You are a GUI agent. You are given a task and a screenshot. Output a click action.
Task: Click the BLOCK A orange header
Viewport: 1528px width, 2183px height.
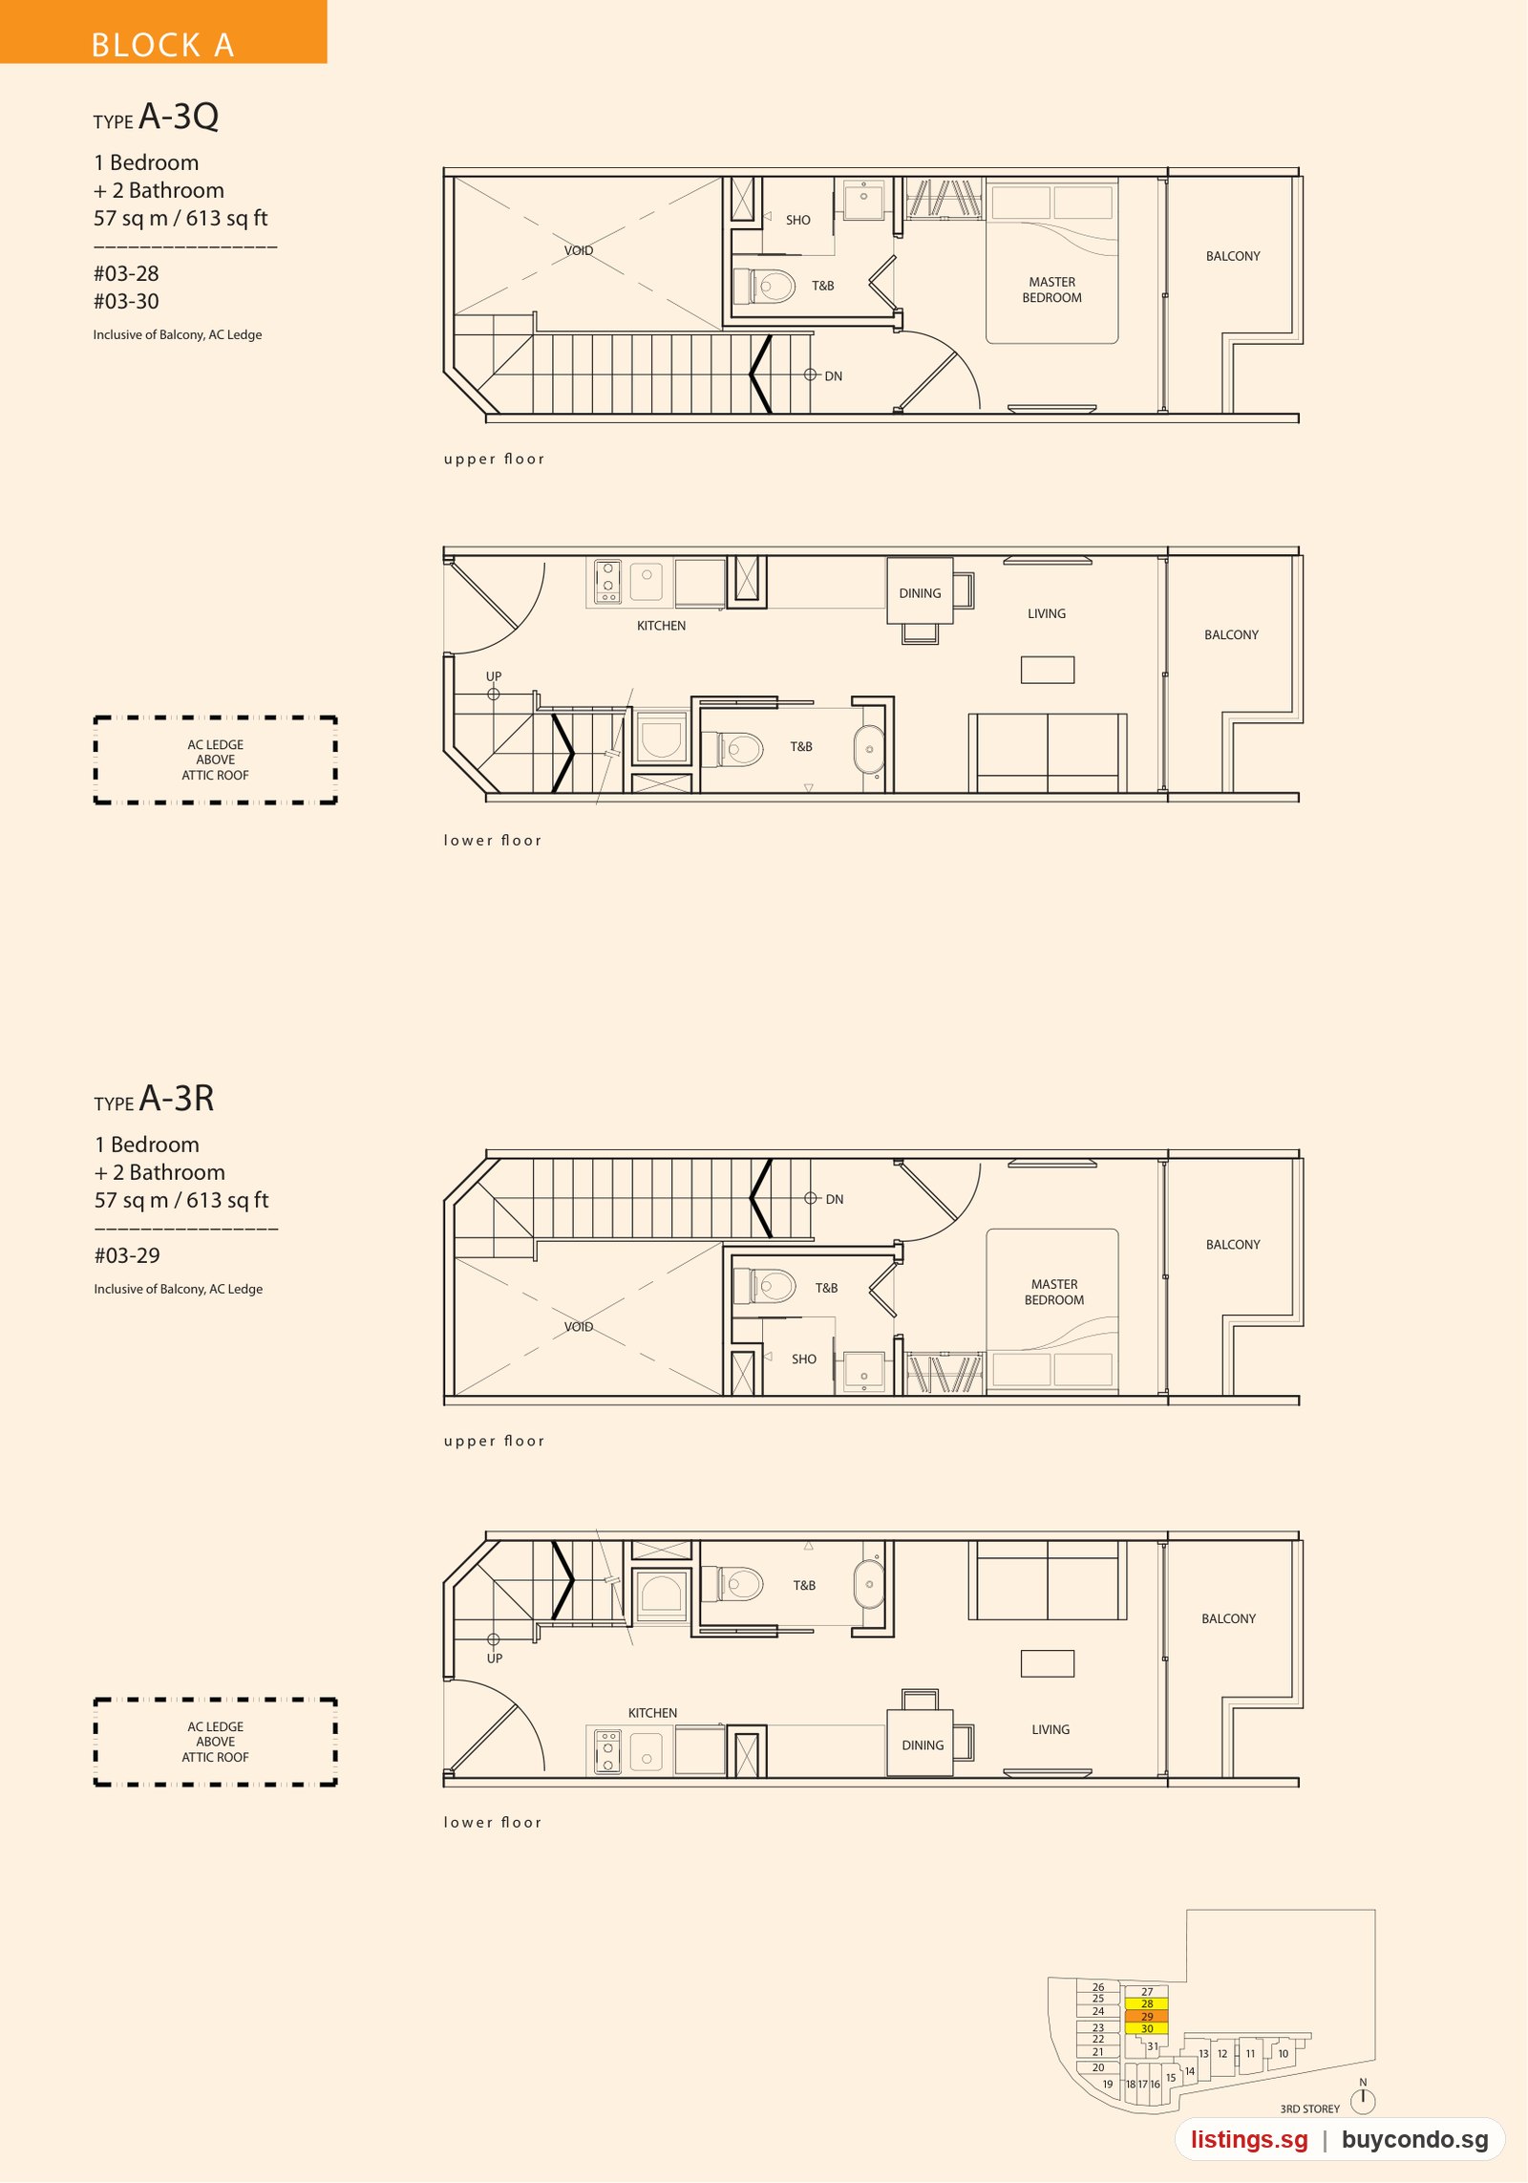coord(163,32)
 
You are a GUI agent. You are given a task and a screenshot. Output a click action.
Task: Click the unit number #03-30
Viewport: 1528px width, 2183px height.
coord(126,302)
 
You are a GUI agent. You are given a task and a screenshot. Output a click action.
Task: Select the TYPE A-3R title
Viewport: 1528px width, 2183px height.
coord(154,1099)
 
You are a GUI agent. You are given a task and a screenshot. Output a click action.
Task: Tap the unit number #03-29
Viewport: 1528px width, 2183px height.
coord(127,1256)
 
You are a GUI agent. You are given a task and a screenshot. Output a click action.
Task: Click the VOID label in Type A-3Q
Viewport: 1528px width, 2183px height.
coord(579,251)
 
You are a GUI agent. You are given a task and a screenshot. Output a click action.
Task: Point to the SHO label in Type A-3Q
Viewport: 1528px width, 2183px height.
coord(798,221)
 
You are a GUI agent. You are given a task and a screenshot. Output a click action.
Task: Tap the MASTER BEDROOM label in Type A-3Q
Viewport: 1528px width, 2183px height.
coord(1052,290)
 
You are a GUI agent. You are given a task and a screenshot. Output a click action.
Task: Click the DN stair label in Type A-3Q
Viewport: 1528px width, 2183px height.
coord(834,376)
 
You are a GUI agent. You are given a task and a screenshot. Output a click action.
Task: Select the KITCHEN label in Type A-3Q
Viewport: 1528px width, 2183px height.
coord(662,626)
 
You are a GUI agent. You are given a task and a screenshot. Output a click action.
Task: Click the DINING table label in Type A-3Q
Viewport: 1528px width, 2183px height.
coord(920,593)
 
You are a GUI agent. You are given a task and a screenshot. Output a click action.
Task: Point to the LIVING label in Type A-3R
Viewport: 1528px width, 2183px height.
coord(1050,1729)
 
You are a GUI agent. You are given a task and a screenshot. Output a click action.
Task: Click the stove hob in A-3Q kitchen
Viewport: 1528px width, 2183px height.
coord(607,582)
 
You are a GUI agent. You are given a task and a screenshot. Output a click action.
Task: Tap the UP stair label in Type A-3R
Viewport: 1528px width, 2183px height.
coord(495,1659)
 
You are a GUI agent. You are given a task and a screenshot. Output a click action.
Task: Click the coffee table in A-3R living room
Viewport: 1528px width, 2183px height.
coord(1048,1663)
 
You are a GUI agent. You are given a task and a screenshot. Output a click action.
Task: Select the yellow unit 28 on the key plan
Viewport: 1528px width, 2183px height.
coord(1147,2003)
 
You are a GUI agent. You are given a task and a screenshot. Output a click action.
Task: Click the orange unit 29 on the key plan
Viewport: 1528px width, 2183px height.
coord(1147,2016)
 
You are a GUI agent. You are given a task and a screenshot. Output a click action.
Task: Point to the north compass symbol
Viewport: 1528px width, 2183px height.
coord(1363,2100)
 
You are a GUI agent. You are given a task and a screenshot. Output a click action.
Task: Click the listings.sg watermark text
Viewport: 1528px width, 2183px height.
coord(1249,2139)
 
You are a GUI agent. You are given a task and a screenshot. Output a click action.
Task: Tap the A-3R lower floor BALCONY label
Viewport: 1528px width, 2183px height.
coord(1229,1618)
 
